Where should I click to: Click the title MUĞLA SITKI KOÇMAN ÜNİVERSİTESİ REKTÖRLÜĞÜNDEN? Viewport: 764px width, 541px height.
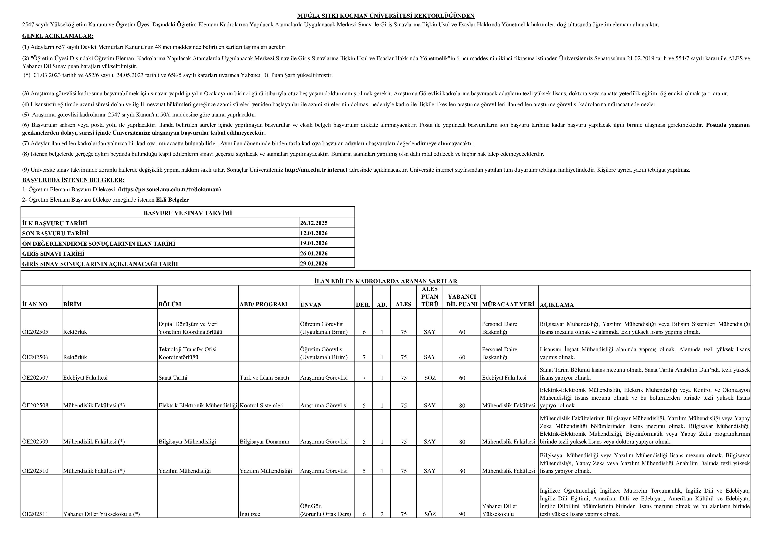tap(386, 16)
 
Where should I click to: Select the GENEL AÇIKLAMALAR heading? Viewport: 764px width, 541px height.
tap(58, 36)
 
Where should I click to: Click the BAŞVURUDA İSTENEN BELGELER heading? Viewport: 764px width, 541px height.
tap(73, 180)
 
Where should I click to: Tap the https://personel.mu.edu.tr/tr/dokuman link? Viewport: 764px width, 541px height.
tap(170, 190)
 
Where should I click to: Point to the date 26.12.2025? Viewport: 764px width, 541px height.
tap(314, 223)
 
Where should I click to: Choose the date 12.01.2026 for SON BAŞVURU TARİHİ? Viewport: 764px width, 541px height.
tap(314, 233)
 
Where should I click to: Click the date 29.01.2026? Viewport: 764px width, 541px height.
tap(314, 264)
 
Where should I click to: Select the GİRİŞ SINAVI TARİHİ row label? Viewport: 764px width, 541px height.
tap(53, 253)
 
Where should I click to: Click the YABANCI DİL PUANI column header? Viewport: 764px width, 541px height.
tap(462, 300)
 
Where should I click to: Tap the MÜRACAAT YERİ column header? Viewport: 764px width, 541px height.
tap(508, 304)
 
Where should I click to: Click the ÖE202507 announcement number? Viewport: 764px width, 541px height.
tap(35, 378)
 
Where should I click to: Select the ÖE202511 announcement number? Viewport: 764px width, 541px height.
tap(35, 514)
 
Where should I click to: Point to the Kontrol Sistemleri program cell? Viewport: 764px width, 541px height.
tap(262, 405)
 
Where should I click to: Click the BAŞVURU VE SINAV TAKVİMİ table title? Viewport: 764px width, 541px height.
tap(188, 213)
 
